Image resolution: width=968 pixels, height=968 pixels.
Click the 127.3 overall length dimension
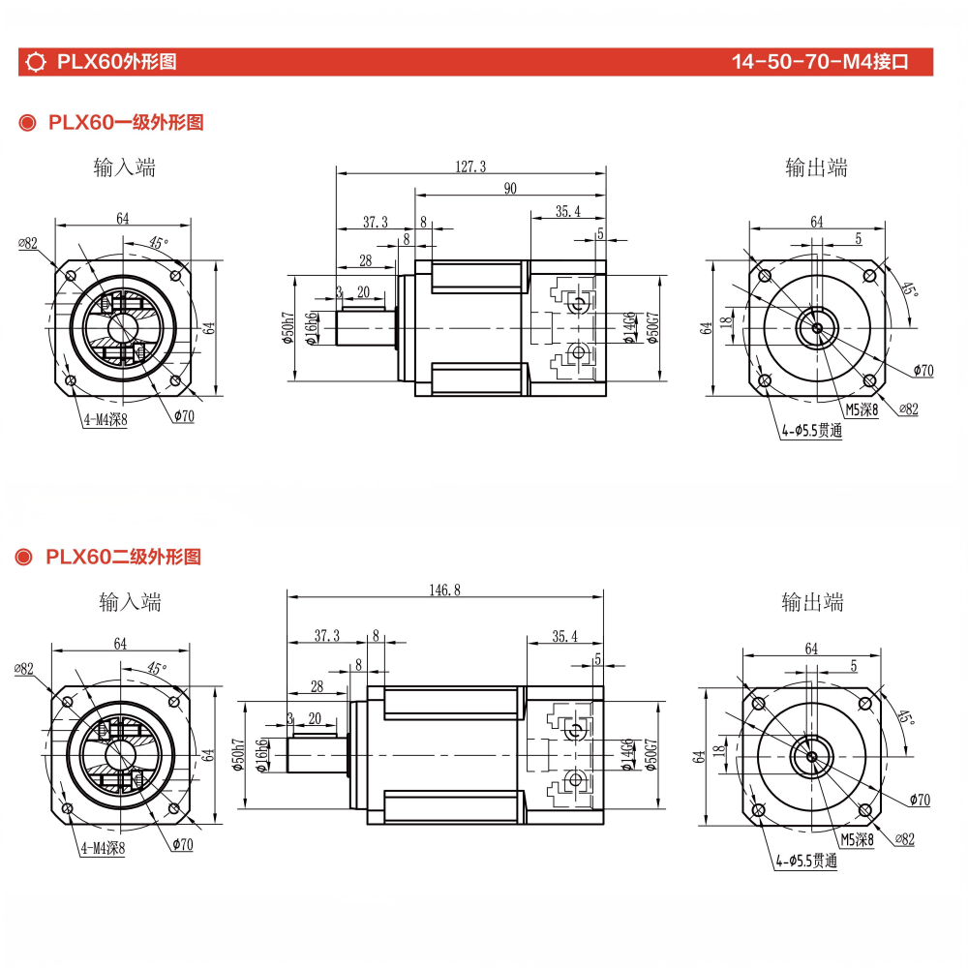click(x=469, y=166)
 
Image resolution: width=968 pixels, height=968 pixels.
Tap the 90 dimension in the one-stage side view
click(x=509, y=189)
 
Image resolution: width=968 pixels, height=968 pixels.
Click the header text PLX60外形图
click(x=116, y=63)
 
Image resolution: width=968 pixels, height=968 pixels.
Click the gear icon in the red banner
click(x=37, y=63)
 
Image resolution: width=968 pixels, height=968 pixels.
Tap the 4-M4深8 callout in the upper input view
click(x=105, y=420)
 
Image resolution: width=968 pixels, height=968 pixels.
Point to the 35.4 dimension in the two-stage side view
click(x=564, y=636)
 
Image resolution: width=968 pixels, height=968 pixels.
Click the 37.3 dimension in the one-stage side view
click(x=376, y=222)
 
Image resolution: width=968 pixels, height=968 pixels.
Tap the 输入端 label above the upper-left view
click(x=125, y=167)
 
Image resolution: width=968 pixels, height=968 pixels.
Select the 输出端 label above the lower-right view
click(x=812, y=602)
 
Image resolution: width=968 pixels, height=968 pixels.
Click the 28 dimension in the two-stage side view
click(x=316, y=686)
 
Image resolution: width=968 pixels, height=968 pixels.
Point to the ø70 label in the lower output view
click(x=920, y=800)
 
